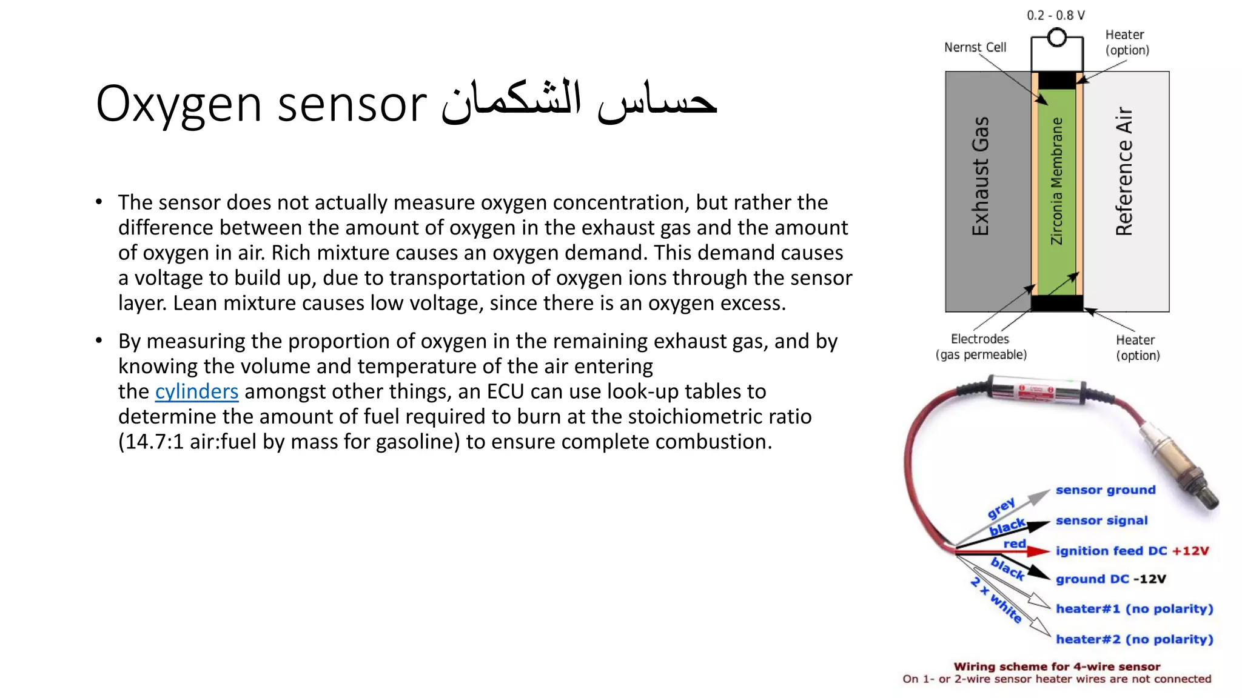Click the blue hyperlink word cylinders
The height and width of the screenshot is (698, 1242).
pyautogui.click(x=196, y=392)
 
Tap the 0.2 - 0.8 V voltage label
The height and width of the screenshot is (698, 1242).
pyautogui.click(x=1055, y=15)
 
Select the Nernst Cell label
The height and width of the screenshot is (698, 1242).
pyautogui.click(x=975, y=47)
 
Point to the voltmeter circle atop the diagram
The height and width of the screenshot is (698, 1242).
pyautogui.click(x=1057, y=38)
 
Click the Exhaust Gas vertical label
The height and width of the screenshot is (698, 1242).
pyautogui.click(x=980, y=176)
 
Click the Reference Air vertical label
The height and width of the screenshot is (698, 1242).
pyautogui.click(x=1124, y=171)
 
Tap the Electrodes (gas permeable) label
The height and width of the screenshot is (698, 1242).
pyautogui.click(x=981, y=347)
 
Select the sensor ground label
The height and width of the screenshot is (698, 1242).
pyautogui.click(x=1105, y=490)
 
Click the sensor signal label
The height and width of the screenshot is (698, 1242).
pyautogui.click(x=1101, y=520)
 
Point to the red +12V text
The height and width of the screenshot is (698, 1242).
pyautogui.click(x=1190, y=551)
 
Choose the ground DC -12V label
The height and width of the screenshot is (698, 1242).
pyautogui.click(x=1110, y=579)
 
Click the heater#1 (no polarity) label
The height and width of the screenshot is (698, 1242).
pyautogui.click(x=1134, y=609)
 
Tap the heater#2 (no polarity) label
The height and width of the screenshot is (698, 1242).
pyautogui.click(x=1134, y=639)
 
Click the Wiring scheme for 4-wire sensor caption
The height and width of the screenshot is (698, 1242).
pyautogui.click(x=1056, y=666)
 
